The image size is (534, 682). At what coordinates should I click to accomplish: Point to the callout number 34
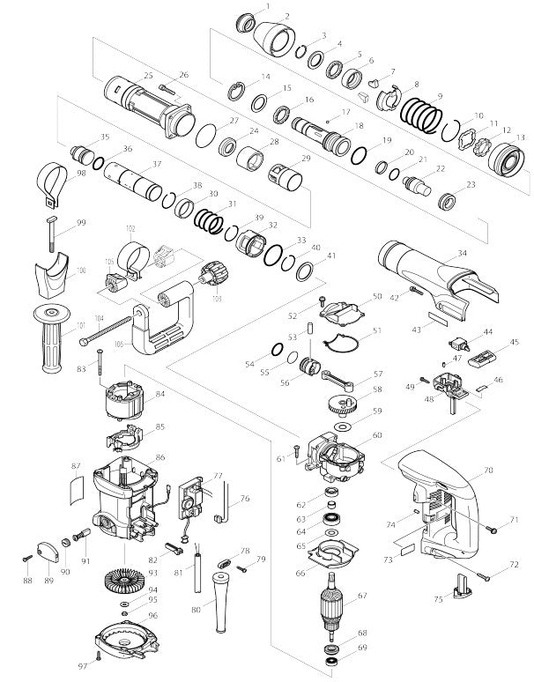coord(462,253)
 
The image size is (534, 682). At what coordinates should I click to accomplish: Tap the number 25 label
coord(148,75)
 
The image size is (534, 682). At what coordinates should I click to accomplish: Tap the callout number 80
coord(196,609)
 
